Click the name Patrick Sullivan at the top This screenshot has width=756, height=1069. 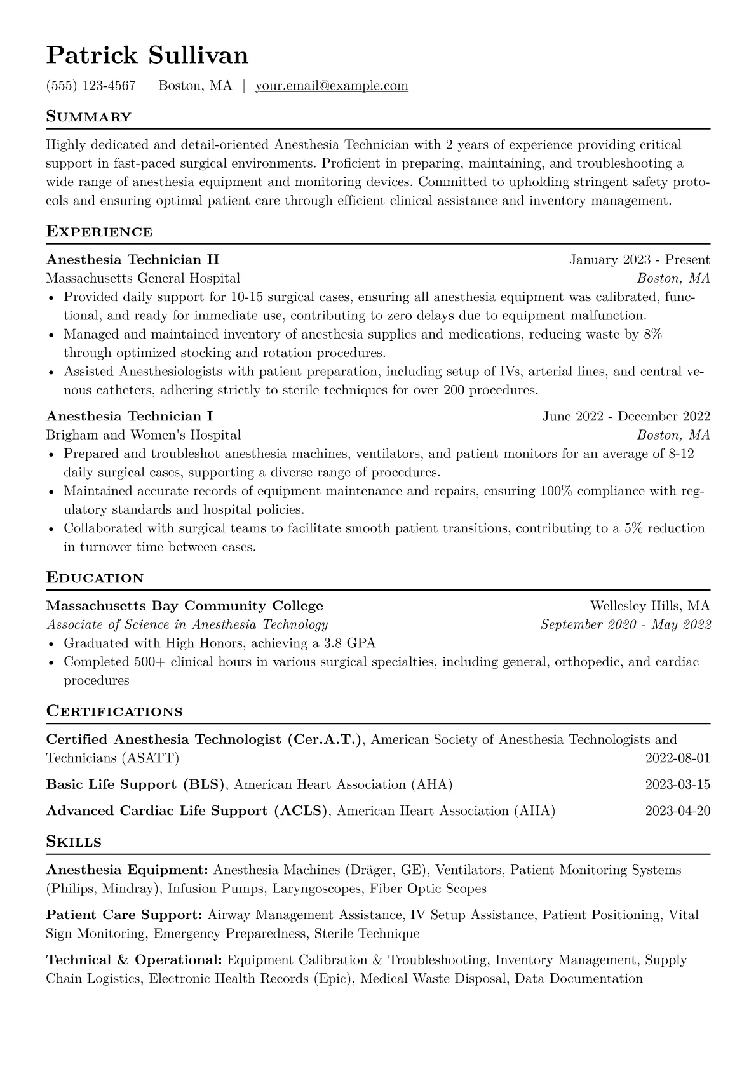(x=147, y=56)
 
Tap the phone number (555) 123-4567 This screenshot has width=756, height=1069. (x=91, y=86)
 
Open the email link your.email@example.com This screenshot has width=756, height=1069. (x=332, y=86)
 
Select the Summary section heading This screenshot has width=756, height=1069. (x=89, y=117)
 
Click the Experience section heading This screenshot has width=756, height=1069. (x=99, y=231)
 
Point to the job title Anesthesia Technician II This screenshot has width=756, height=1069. (x=133, y=260)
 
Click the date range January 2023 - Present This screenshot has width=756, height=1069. (x=639, y=260)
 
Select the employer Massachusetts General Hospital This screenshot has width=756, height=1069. (x=143, y=278)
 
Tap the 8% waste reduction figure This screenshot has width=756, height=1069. (x=652, y=334)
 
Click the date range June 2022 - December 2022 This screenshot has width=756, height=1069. (x=626, y=417)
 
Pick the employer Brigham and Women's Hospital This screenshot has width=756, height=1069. (x=143, y=435)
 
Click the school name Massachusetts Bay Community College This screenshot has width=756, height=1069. (x=184, y=606)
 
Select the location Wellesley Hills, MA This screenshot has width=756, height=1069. (x=650, y=606)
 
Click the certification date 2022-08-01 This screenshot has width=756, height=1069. (x=677, y=758)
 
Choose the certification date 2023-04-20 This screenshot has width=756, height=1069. (x=677, y=811)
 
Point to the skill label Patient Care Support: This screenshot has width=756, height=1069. (x=125, y=915)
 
